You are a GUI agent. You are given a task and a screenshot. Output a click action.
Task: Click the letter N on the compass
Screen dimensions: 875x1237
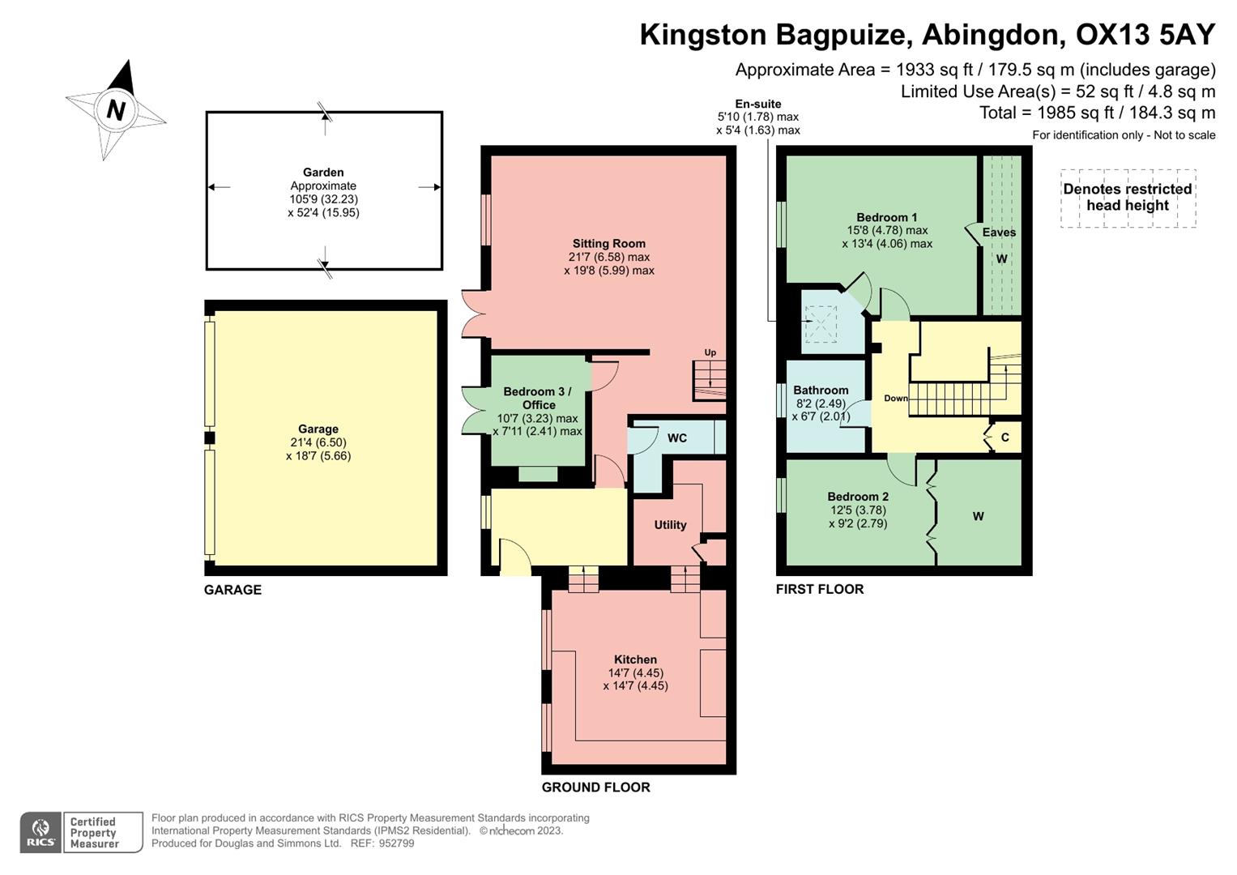[116, 109]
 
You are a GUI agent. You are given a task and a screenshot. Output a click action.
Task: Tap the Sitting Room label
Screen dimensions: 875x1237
[608, 243]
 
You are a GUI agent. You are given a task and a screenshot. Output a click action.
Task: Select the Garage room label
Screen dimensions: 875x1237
[318, 429]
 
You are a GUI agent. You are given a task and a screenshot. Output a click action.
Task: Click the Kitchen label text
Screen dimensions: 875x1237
[635, 659]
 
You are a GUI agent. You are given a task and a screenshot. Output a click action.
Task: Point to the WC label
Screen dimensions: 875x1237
[676, 438]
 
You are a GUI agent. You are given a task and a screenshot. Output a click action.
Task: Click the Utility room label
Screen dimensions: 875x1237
[670, 525]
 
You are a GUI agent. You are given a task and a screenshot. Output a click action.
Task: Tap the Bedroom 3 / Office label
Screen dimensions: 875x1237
[537, 398]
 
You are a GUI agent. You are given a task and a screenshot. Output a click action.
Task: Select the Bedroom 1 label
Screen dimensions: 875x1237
[887, 217]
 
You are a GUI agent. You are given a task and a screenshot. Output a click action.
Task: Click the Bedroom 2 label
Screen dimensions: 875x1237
[858, 497]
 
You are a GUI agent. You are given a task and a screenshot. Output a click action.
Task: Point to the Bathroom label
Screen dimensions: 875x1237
[821, 390]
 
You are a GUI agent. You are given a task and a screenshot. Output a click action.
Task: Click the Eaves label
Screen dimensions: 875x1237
[999, 233]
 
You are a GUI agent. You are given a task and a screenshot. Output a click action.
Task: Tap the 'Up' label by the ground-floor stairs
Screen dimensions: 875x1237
[710, 352]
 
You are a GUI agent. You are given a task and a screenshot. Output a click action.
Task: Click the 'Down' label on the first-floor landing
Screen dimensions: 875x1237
[895, 398]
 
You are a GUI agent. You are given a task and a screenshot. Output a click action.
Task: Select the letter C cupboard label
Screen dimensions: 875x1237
[1005, 437]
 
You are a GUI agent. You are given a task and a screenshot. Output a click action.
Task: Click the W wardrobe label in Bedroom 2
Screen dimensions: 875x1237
[978, 516]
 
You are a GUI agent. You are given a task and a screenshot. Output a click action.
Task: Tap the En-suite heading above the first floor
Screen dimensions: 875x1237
[757, 104]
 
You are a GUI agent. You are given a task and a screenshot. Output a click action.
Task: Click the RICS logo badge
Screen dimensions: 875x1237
[41, 832]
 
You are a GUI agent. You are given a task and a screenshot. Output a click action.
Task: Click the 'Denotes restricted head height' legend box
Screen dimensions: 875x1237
[1128, 198]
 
